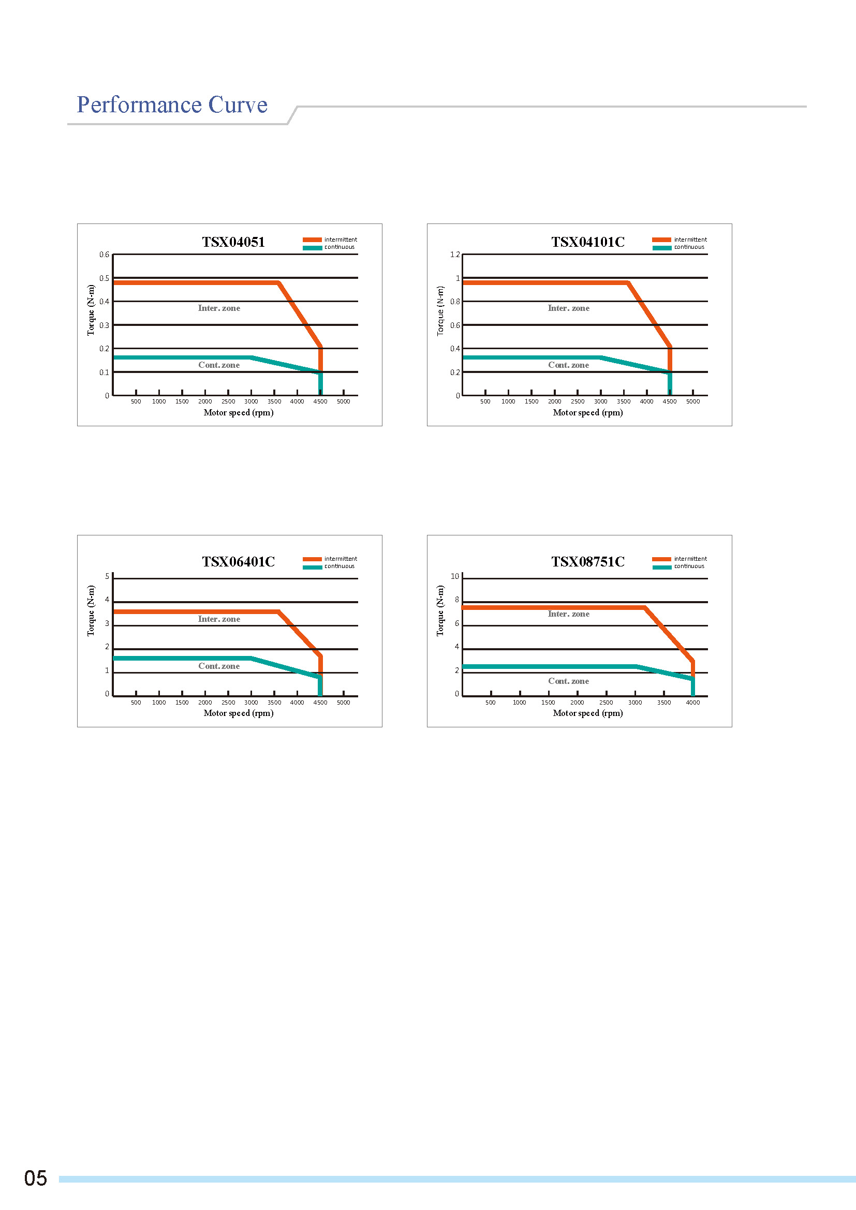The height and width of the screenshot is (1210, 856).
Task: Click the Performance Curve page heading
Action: [172, 105]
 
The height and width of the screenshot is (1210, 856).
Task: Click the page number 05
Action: [35, 1178]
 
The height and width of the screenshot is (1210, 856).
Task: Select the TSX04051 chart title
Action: [233, 242]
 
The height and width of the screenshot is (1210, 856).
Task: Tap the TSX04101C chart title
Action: [588, 242]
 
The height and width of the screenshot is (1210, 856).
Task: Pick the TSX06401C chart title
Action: [238, 561]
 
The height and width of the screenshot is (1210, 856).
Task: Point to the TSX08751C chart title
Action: [588, 561]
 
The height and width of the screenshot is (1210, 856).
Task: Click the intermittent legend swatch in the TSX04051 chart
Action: [312, 240]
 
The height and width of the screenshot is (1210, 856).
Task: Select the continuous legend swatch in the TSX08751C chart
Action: [661, 567]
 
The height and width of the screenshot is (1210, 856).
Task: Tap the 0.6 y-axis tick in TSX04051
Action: [105, 255]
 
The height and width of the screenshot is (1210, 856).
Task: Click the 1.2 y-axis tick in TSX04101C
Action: [455, 255]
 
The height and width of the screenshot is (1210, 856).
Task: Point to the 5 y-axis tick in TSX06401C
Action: [107, 576]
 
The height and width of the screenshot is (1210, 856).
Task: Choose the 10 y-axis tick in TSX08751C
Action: [455, 576]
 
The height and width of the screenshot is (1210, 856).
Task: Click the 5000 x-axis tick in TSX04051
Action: [343, 401]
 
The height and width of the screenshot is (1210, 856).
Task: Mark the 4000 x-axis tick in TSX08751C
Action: [692, 703]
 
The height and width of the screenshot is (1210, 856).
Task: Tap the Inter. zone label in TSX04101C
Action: [569, 308]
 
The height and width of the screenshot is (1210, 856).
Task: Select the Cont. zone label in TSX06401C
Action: [219, 666]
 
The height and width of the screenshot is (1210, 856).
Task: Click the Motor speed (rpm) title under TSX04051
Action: [238, 413]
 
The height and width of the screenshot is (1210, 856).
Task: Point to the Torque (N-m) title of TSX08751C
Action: [440, 611]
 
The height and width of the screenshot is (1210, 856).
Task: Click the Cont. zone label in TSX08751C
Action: [569, 681]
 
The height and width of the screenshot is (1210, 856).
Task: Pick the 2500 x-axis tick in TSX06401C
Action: [228, 703]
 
